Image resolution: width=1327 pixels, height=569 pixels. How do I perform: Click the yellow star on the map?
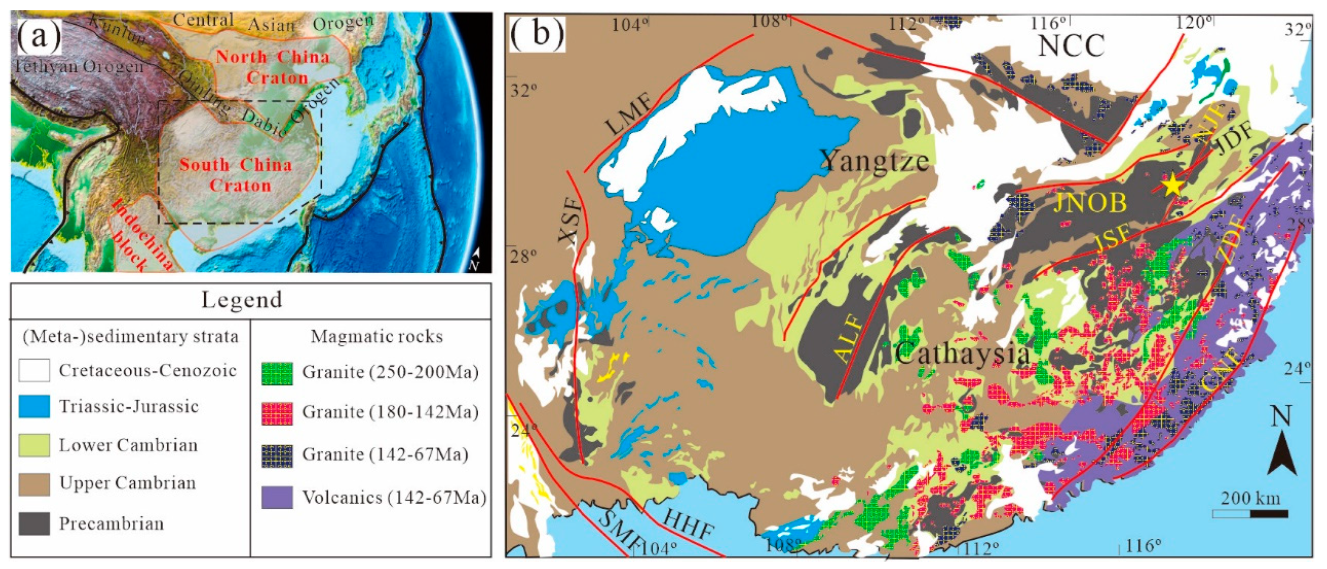[x=1173, y=184]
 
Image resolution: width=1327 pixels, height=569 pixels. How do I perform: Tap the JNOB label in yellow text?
[x=1090, y=203]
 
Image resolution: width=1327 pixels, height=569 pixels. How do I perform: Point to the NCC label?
[x=1071, y=46]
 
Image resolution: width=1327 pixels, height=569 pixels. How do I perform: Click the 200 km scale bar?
[x=1250, y=513]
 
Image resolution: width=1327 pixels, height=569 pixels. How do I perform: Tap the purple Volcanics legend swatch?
[x=277, y=498]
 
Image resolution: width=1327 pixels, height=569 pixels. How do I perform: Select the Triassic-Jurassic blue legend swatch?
[x=34, y=407]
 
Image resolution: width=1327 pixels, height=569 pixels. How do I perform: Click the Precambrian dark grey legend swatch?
[x=34, y=524]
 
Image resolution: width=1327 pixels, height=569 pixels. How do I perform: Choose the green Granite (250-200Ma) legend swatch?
[x=277, y=373]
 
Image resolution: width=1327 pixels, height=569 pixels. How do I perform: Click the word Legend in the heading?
[x=241, y=300]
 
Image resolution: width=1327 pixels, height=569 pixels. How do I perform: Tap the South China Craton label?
[x=236, y=175]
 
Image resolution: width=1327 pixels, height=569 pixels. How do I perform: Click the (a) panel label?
[x=39, y=36]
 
